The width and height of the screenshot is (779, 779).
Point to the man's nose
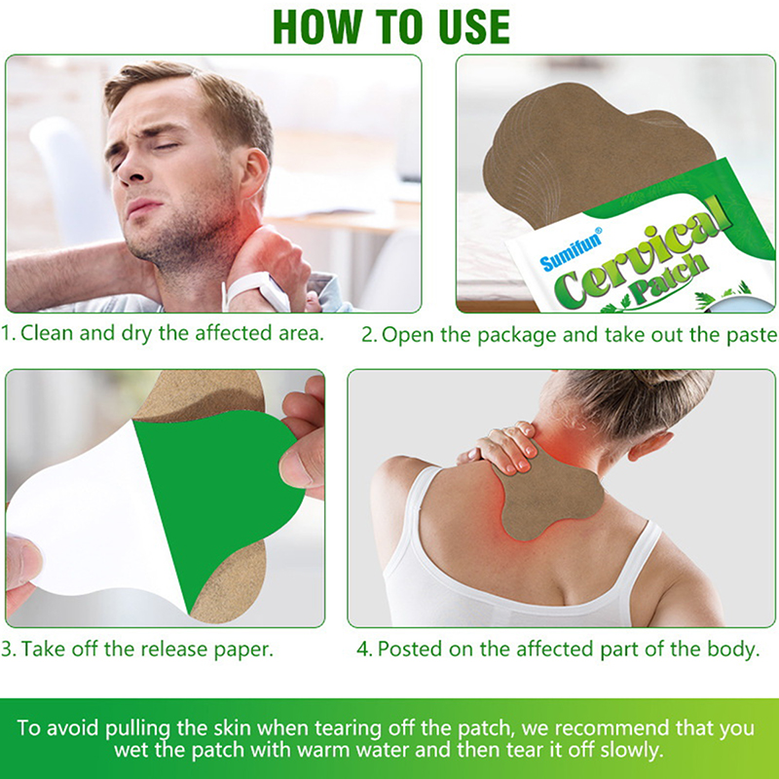tap(130, 168)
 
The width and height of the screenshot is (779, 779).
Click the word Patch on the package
tap(667, 279)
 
